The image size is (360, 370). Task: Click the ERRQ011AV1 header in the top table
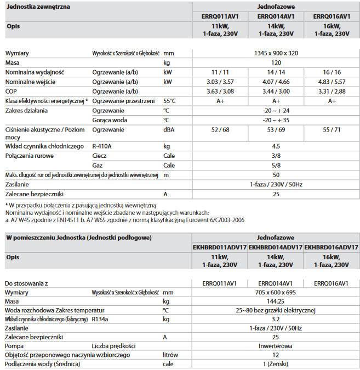[220, 16]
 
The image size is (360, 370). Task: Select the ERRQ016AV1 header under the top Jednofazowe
[332, 16]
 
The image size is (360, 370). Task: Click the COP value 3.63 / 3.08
[220, 91]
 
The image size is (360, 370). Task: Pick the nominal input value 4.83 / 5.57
[332, 82]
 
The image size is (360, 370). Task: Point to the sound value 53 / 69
[276, 129]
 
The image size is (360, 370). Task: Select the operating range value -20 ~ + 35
[276, 119]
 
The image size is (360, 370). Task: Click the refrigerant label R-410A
[102, 146]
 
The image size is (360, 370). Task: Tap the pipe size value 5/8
[276, 165]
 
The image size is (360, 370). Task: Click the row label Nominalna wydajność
[35, 72]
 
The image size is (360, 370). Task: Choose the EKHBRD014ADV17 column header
[276, 247]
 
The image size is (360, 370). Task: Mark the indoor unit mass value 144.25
[276, 301]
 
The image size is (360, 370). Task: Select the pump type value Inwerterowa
[276, 346]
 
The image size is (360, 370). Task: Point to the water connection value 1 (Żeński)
[276, 364]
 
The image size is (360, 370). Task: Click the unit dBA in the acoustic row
[169, 129]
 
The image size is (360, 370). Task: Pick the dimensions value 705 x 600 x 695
[276, 293]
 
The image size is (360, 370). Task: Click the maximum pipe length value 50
[276, 175]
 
